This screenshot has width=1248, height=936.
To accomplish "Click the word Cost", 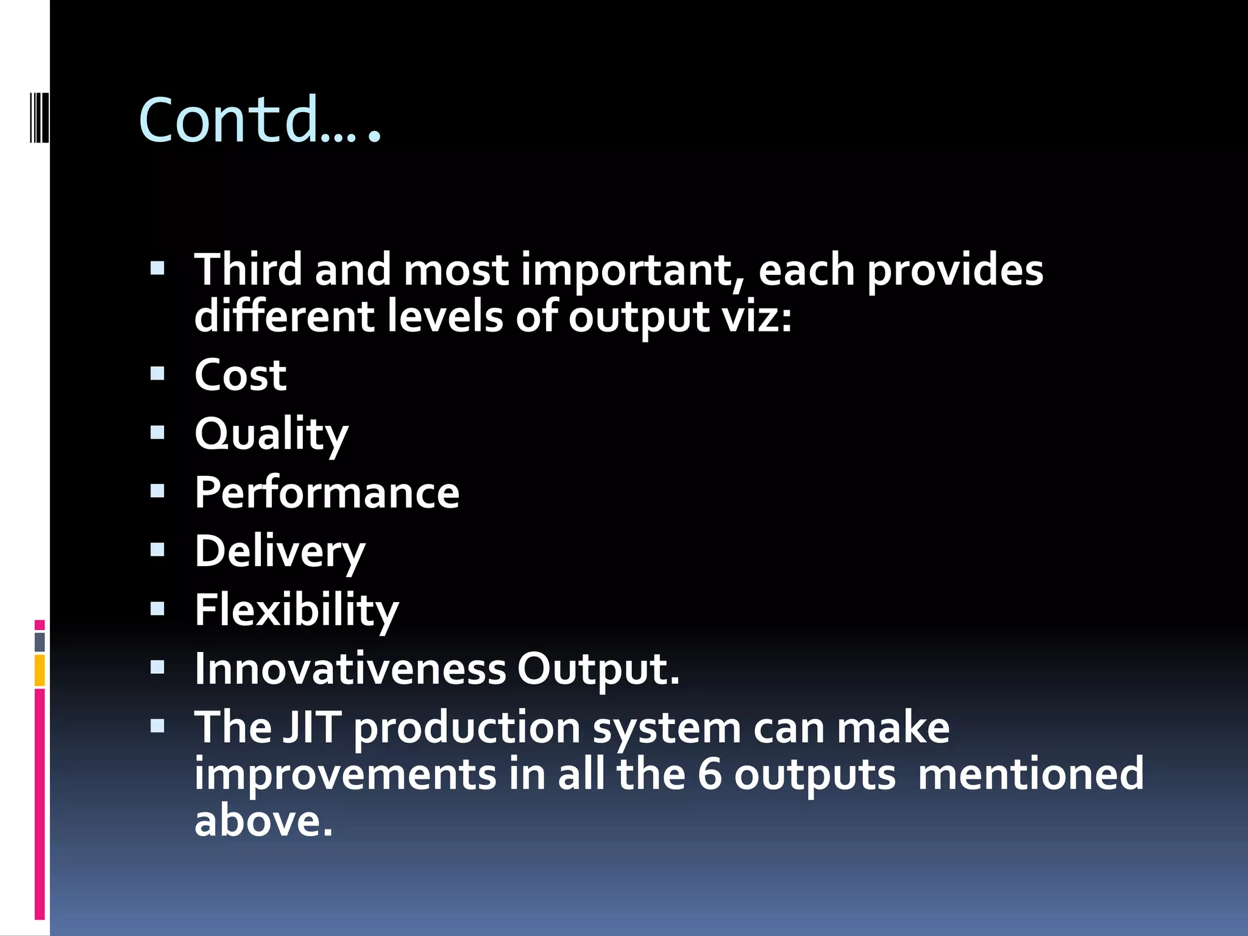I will pyautogui.click(x=240, y=375).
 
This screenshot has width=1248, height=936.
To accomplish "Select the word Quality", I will pyautogui.click(x=271, y=434).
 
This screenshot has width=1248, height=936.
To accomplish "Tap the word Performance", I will pyautogui.click(x=327, y=492).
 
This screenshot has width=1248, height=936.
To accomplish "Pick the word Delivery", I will pyautogui.click(x=280, y=551).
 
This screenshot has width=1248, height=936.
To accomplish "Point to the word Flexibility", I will pyautogui.click(x=296, y=610).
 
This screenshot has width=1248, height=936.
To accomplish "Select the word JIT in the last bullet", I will pyautogui.click(x=311, y=728).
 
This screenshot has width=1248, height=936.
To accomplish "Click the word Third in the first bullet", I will pyautogui.click(x=248, y=269).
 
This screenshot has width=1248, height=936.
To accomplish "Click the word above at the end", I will pyautogui.click(x=263, y=821).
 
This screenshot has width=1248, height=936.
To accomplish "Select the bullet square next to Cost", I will pyautogui.click(x=158, y=373).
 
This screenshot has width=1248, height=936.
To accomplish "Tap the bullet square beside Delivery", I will pyautogui.click(x=158, y=550).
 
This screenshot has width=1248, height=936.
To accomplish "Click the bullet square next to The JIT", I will pyautogui.click(x=158, y=726).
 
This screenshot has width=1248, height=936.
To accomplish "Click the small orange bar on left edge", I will pyautogui.click(x=40, y=670).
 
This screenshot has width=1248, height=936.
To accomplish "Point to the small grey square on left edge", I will pyautogui.click(x=40, y=642).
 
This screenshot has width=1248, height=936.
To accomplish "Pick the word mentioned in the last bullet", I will pyautogui.click(x=1030, y=774).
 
